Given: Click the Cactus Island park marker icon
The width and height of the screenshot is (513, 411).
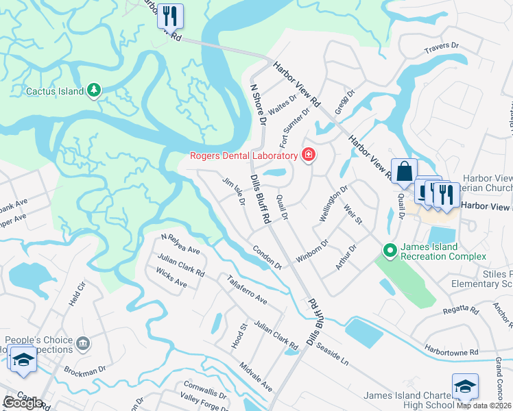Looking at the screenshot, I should tap(94, 90).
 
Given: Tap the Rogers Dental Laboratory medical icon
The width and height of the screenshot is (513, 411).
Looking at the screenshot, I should tap(309, 155).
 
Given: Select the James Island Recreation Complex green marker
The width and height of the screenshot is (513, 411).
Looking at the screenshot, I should tap(390, 251).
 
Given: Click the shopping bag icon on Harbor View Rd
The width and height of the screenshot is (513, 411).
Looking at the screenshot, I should tap(404, 171).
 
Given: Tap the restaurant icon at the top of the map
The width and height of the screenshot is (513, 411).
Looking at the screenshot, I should tap(170, 15).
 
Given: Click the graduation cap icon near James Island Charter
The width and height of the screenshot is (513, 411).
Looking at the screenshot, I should tap(464, 386).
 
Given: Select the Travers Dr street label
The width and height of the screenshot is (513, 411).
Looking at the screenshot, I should tap(440, 47).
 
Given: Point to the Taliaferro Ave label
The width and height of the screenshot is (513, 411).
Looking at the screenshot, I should tap(247, 290).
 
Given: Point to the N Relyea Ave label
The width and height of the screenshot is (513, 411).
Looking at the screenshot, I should tap(180, 244).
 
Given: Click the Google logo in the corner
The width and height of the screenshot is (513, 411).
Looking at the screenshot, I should tap(23, 402).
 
